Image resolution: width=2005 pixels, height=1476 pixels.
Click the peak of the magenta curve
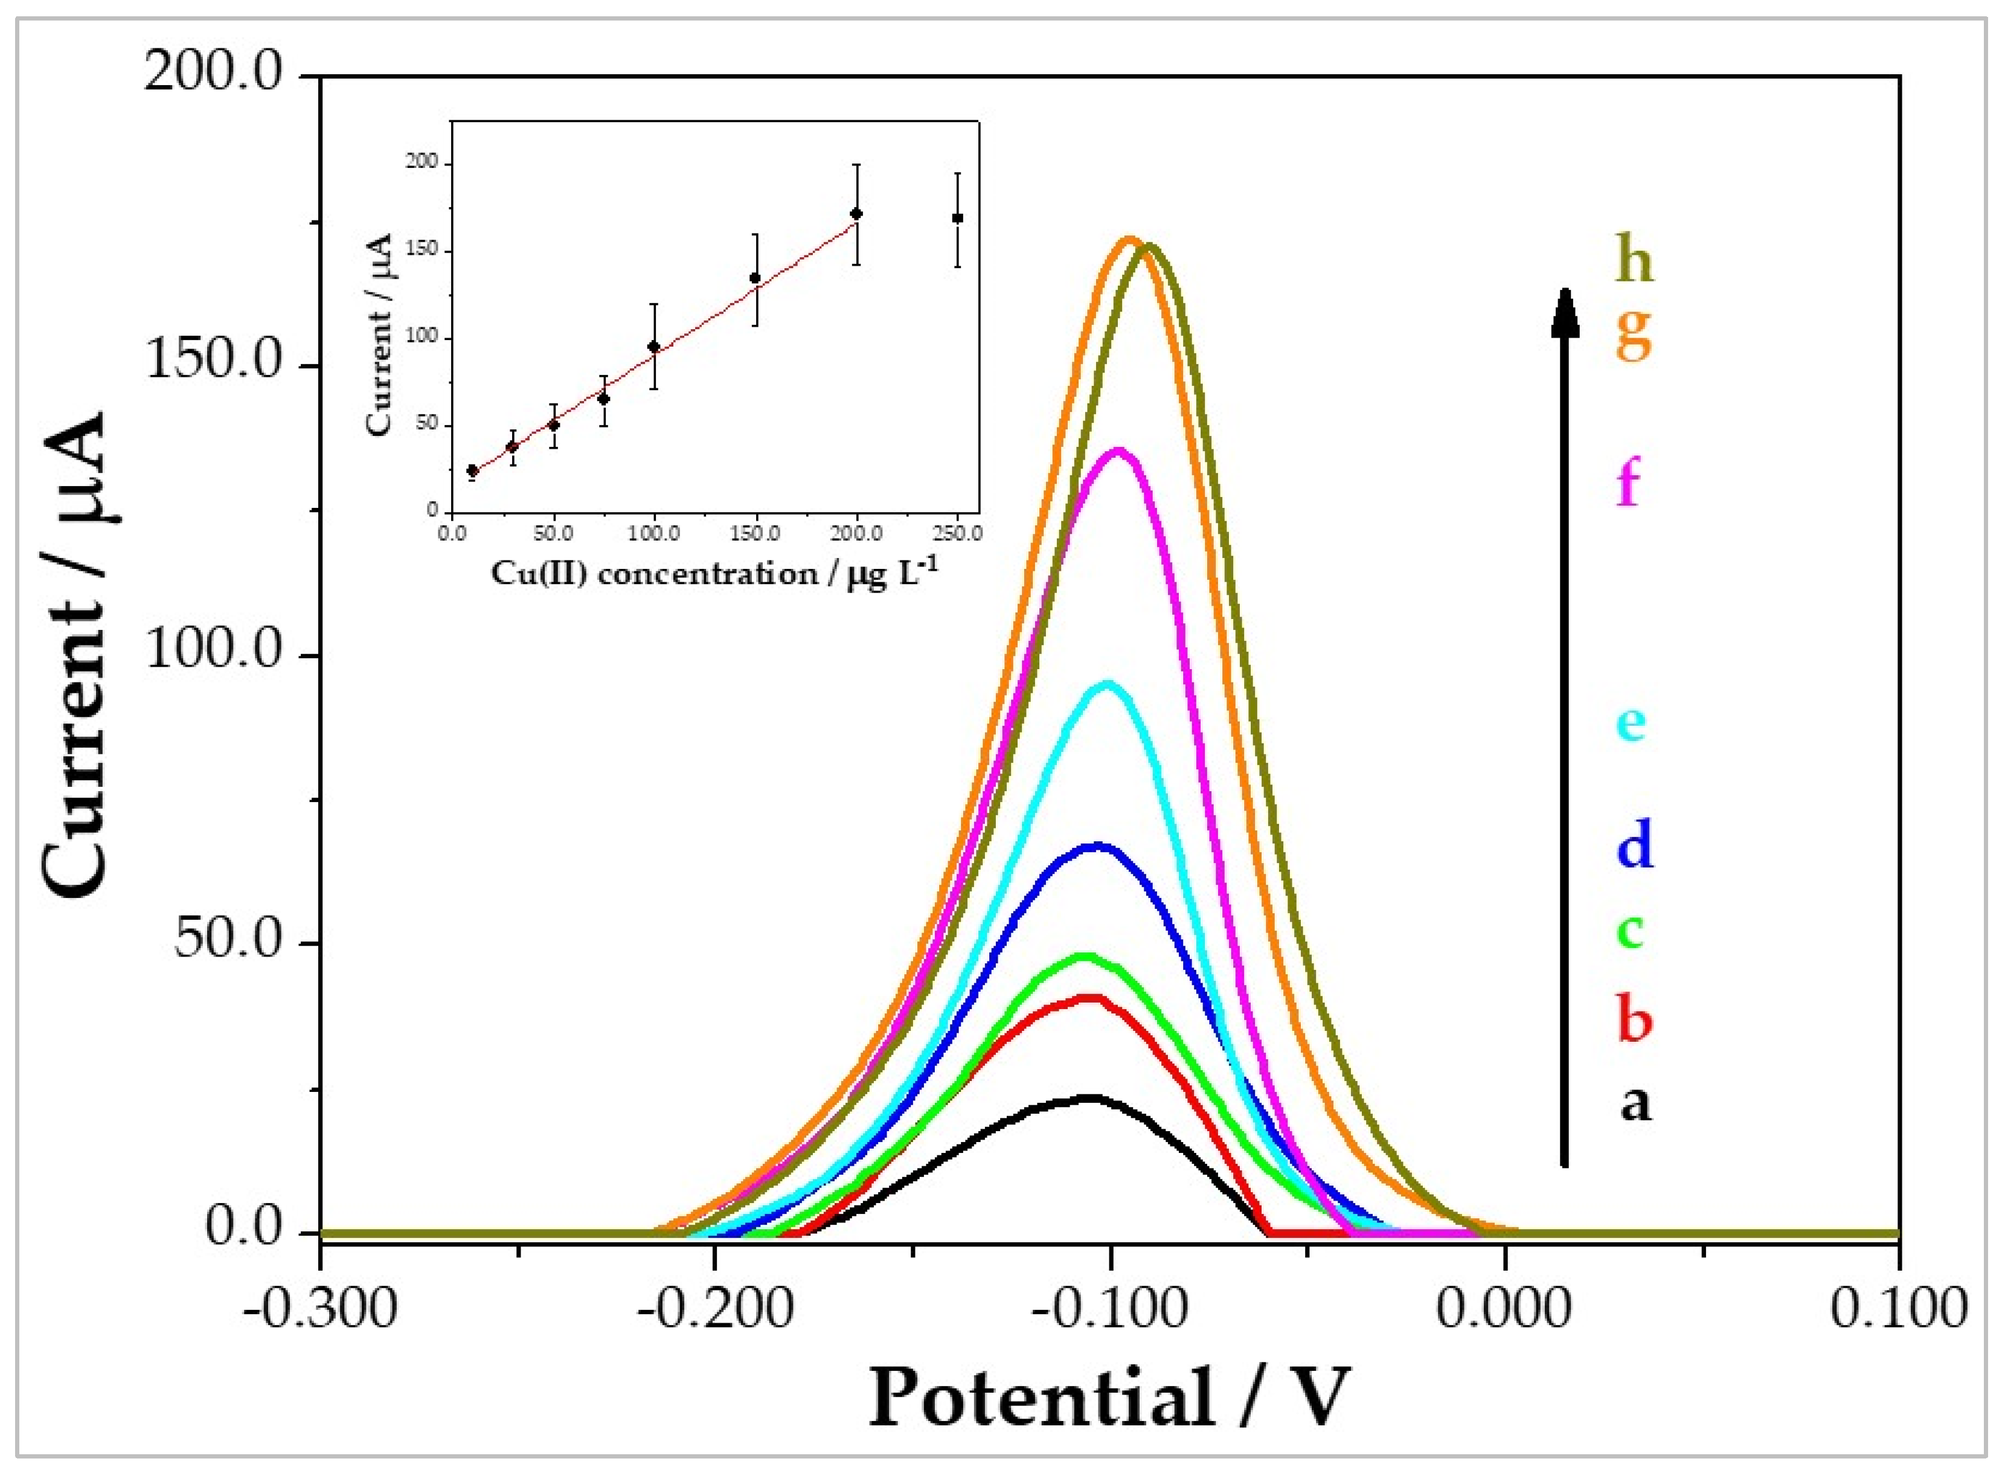click(1116, 451)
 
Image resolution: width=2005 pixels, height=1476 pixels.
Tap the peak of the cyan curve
click(1108, 684)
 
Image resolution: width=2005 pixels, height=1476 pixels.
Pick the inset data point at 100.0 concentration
click(653, 347)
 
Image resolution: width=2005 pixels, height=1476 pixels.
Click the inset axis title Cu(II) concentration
click(715, 573)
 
